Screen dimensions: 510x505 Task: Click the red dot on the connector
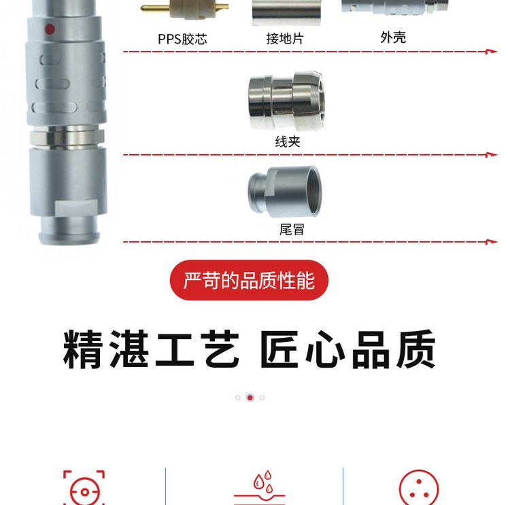tap(50, 29)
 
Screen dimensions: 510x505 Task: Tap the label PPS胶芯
tap(182, 39)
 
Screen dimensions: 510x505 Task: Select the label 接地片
tap(285, 39)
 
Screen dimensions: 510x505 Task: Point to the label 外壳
tap(393, 37)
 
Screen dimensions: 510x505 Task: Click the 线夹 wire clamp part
tap(286, 101)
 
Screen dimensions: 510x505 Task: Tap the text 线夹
tap(288, 142)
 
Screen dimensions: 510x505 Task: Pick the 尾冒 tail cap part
tap(285, 191)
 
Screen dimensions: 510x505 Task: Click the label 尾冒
tap(292, 229)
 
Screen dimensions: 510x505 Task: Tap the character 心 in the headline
tap(326, 349)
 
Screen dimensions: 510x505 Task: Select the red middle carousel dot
tap(250, 398)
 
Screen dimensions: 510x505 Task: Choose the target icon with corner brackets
tap(84, 487)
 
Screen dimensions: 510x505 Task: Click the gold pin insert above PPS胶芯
tap(184, 8)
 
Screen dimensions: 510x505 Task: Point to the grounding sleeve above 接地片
tap(286, 12)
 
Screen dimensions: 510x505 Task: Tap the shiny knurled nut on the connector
tap(67, 137)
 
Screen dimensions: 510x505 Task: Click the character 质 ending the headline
tap(416, 349)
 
